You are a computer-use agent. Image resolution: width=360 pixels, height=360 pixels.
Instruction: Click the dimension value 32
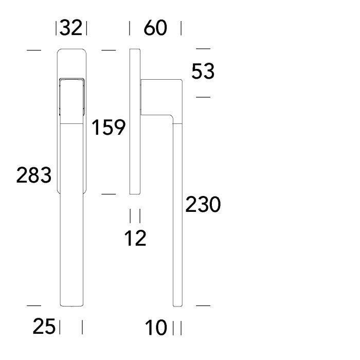[x=71, y=28]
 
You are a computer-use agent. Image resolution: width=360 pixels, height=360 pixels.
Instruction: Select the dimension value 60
[x=155, y=28]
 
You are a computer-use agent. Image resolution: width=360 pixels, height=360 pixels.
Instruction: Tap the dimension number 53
[x=203, y=71]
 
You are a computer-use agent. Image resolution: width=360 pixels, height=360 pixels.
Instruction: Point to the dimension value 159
[x=109, y=127]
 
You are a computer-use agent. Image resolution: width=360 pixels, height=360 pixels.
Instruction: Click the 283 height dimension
[x=34, y=175]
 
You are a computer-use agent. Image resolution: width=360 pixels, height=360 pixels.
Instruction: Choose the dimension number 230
[x=203, y=204]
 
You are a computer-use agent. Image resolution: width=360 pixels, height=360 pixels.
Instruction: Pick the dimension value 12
[x=135, y=238]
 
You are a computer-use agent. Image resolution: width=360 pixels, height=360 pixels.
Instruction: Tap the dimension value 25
[x=44, y=326]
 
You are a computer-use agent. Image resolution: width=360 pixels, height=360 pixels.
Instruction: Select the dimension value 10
[x=156, y=328]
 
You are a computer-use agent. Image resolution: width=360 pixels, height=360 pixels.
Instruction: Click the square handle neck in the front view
[x=71, y=97]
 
